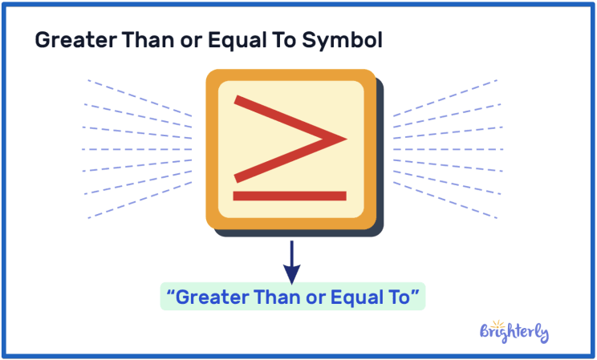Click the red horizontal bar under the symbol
[289, 196]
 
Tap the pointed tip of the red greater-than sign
[343, 139]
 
